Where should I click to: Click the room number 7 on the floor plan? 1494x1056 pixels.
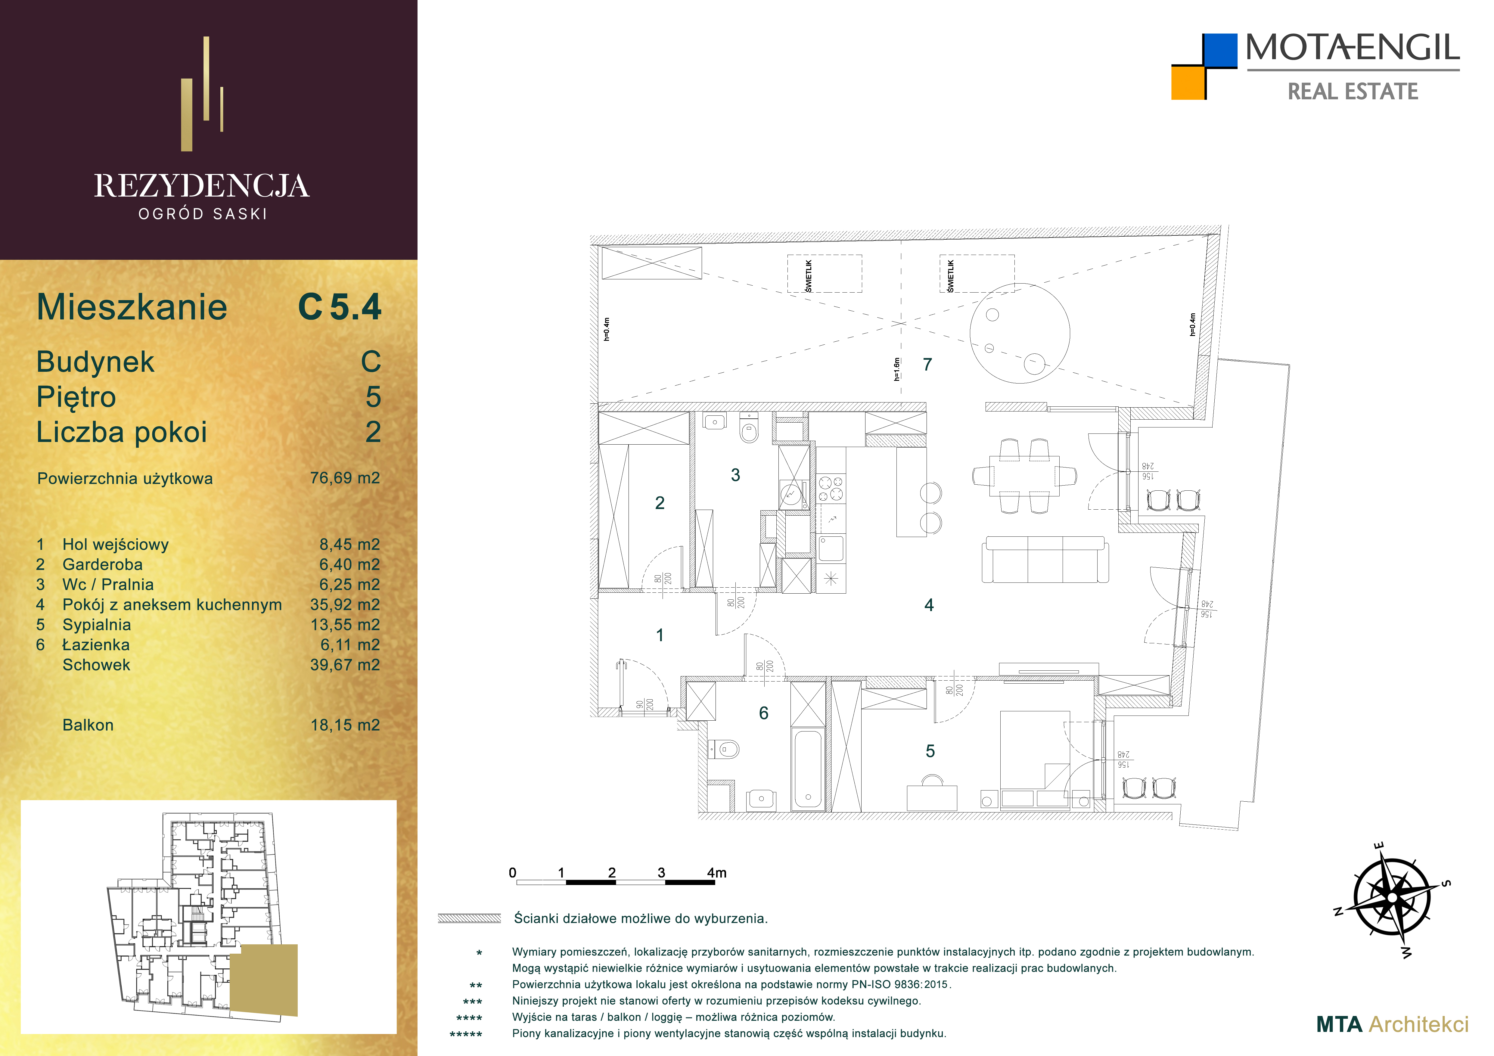coord(927,364)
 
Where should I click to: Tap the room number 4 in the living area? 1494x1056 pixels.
coord(929,605)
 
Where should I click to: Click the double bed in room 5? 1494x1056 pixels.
coord(1035,760)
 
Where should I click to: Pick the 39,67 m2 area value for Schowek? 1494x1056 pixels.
coord(345,665)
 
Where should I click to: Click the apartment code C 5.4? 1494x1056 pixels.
coord(340,307)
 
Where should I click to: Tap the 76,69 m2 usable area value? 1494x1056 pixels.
coord(345,478)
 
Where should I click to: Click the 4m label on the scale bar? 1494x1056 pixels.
coord(716,872)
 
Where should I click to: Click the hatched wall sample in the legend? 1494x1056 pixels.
coord(469,918)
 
